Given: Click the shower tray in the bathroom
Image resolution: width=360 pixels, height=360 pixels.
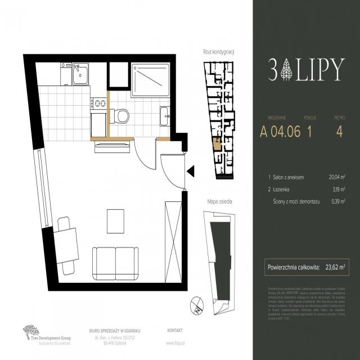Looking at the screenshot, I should click(150, 80).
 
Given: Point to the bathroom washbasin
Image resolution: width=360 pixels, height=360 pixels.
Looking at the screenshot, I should click(165, 116).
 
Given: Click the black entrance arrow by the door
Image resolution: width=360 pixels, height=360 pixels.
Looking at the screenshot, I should click(190, 171).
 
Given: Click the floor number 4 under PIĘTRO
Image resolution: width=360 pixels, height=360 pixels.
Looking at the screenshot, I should click(339, 132).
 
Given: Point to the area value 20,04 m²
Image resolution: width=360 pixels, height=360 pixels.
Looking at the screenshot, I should click(336, 177).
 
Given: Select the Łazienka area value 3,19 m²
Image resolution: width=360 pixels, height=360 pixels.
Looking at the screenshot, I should click(338, 190).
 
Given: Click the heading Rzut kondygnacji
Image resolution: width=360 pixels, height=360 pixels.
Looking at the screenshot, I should click(218, 52).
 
